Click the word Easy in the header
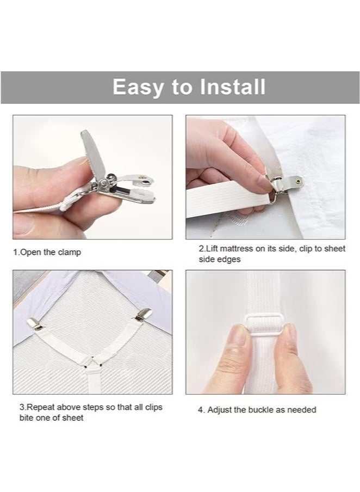coord(138,87)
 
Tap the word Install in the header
coord(233,87)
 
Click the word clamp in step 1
coord(69,253)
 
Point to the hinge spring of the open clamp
coord(105,181)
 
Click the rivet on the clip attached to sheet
coord(298,181)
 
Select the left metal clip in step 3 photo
coord(35,324)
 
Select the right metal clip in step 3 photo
coord(144,315)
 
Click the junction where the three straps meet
coord(93,363)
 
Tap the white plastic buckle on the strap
coord(263,325)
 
